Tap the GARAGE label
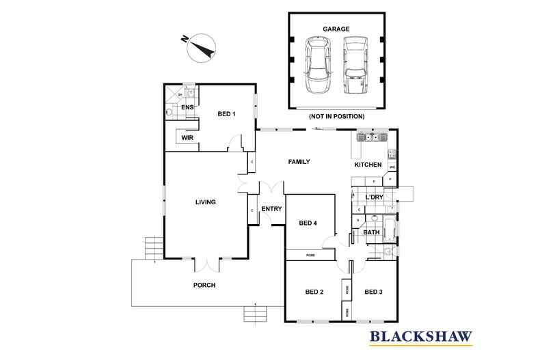pyautogui.click(x=336, y=29)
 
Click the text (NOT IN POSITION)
pyautogui.click(x=336, y=116)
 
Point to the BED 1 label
pyautogui.click(x=226, y=113)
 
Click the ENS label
pyautogui.click(x=186, y=107)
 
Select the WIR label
pyautogui.click(x=187, y=137)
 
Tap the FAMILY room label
pyautogui.click(x=299, y=162)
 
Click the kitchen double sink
pyautogui.click(x=370, y=137)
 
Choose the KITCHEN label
pyautogui.click(x=367, y=165)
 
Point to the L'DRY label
pyautogui.click(x=374, y=197)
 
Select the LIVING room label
pyautogui.click(x=205, y=202)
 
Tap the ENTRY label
pyautogui.click(x=271, y=209)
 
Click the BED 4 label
pyautogui.click(x=308, y=223)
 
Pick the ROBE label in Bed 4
pyautogui.click(x=309, y=255)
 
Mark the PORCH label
pyautogui.click(x=204, y=286)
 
